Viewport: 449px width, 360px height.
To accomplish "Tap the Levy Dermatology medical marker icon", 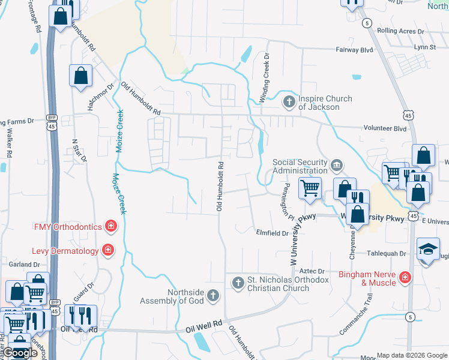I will (x=108, y=250).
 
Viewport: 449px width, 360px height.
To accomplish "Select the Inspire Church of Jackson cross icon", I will (x=289, y=101).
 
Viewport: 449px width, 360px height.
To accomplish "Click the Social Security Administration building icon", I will (x=336, y=164).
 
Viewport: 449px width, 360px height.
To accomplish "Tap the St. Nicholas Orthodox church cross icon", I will (x=238, y=282).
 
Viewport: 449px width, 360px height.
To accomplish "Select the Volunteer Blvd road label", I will (x=385, y=128).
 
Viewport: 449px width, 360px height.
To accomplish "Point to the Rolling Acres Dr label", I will (x=400, y=31).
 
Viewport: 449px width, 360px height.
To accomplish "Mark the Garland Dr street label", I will (x=24, y=264).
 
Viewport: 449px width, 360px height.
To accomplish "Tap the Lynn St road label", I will (x=424, y=46).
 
